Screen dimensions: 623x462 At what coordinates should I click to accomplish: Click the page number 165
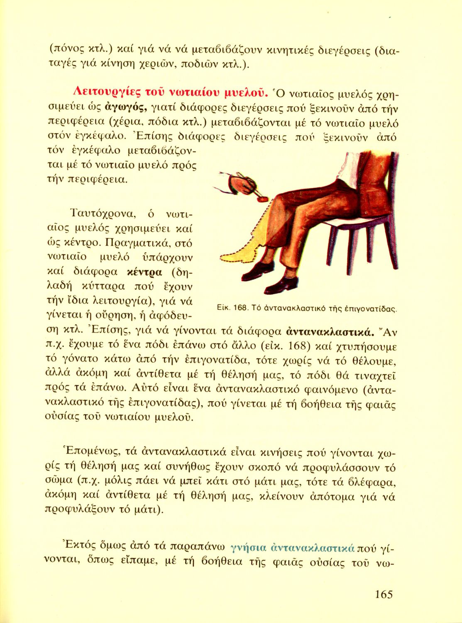tap(383, 594)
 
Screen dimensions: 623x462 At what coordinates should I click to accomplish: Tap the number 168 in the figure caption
tap(240, 308)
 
